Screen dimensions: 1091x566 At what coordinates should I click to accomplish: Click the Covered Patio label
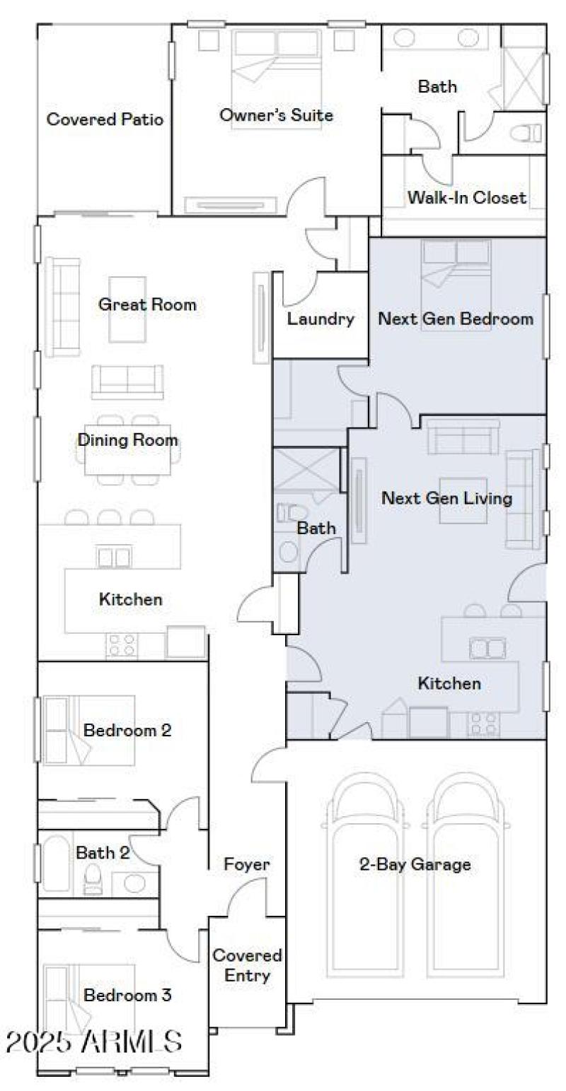[105, 119]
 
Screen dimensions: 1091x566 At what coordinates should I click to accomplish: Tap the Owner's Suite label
[276, 115]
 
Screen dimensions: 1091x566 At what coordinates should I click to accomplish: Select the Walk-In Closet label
[466, 197]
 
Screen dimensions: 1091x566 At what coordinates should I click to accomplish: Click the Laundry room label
[320, 319]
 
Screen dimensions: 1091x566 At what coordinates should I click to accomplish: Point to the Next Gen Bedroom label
[456, 319]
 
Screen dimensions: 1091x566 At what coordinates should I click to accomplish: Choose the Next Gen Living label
[446, 498]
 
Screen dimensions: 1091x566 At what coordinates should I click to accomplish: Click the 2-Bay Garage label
[415, 864]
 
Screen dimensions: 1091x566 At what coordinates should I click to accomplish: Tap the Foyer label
[247, 864]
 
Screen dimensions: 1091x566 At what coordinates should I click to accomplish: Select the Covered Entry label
[247, 965]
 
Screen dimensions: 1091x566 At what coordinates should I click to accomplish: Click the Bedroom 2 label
[127, 730]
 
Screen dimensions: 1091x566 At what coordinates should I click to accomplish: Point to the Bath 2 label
[103, 853]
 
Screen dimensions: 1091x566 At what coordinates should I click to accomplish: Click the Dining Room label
[127, 440]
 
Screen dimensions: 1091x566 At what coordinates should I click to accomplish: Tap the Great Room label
[147, 305]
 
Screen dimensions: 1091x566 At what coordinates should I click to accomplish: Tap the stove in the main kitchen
[121, 644]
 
